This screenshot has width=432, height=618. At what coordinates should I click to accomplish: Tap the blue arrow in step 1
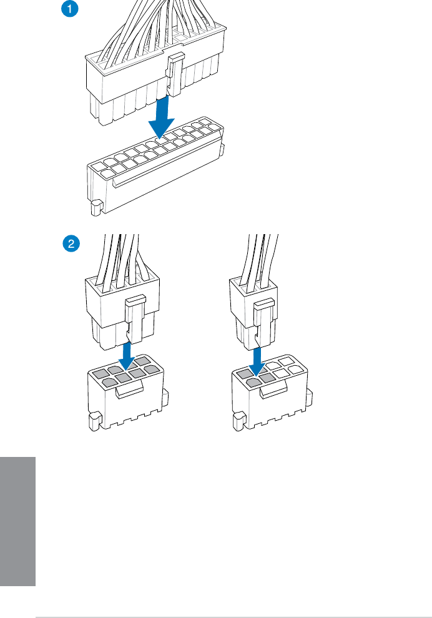click(x=162, y=118)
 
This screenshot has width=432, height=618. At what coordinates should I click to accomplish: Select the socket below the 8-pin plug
click(x=125, y=400)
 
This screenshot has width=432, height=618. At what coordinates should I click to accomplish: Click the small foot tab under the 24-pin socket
click(x=96, y=207)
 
